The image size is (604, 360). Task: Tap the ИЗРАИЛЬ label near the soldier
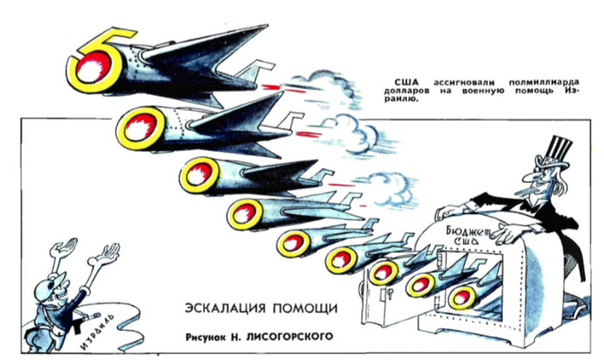[83, 328]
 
